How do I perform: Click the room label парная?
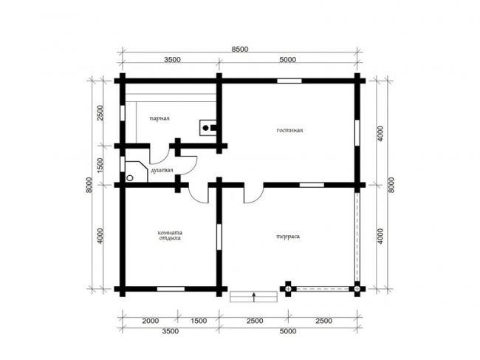click(x=160, y=118)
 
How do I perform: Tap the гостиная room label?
click(x=289, y=130)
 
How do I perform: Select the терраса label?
click(x=288, y=237)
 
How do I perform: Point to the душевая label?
click(x=161, y=170)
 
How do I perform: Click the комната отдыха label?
click(x=170, y=235)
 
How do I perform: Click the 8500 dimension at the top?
click(x=240, y=50)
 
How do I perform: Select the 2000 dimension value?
click(x=151, y=321)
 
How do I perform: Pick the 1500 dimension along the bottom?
click(x=199, y=321)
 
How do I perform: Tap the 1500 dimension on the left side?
click(x=100, y=166)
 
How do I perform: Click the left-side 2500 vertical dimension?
click(x=100, y=113)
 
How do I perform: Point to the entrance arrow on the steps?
click(x=254, y=297)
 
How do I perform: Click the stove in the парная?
click(x=208, y=128)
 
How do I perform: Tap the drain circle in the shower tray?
click(x=130, y=177)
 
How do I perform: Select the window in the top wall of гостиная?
click(x=289, y=81)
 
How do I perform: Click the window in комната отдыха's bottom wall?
click(x=171, y=288)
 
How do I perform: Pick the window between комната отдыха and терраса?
click(x=219, y=237)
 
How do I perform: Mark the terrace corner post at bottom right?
click(x=357, y=288)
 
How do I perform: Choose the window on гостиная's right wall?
click(x=357, y=132)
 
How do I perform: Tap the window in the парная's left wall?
click(x=123, y=113)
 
